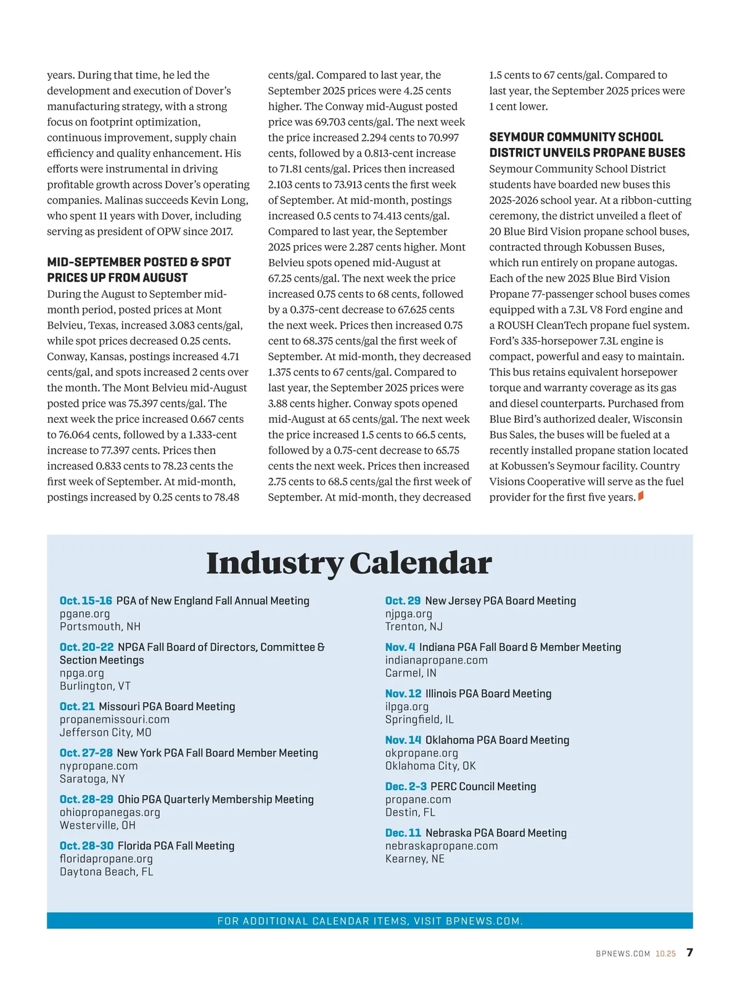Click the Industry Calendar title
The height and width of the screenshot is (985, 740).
click(x=349, y=563)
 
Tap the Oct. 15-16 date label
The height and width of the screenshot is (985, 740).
click(x=86, y=600)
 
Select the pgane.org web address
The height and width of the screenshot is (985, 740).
click(x=84, y=614)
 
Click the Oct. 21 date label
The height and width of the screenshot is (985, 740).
click(x=77, y=706)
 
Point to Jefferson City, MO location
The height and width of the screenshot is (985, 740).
click(x=105, y=732)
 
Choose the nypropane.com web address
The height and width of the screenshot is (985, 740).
click(x=99, y=766)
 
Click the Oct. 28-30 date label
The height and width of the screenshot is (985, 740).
click(x=86, y=846)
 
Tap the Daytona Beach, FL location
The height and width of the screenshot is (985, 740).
click(x=106, y=872)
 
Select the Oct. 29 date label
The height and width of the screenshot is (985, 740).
click(x=403, y=600)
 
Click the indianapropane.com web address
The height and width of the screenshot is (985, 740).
click(x=436, y=660)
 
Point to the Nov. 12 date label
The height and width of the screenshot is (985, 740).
click(x=403, y=693)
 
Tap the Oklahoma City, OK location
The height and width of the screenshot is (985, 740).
click(x=430, y=766)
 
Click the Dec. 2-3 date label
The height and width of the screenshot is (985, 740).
click(x=406, y=787)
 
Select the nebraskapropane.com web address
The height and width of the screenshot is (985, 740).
click(x=442, y=846)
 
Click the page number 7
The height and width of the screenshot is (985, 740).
click(x=689, y=952)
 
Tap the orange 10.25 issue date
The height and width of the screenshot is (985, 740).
click(x=665, y=954)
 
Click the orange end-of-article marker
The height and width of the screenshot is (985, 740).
click(x=641, y=496)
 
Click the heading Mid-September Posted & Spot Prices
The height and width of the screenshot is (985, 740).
click(x=139, y=270)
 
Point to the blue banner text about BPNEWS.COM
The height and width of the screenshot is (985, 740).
click(x=370, y=921)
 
